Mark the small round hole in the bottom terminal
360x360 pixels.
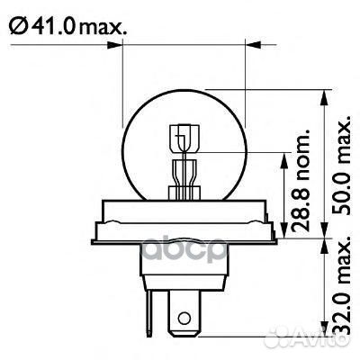coord(184,318)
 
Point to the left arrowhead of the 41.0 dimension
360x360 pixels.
coord(126,42)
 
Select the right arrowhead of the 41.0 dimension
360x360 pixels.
coord(242,42)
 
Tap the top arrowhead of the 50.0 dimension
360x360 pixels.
coord(324,94)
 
